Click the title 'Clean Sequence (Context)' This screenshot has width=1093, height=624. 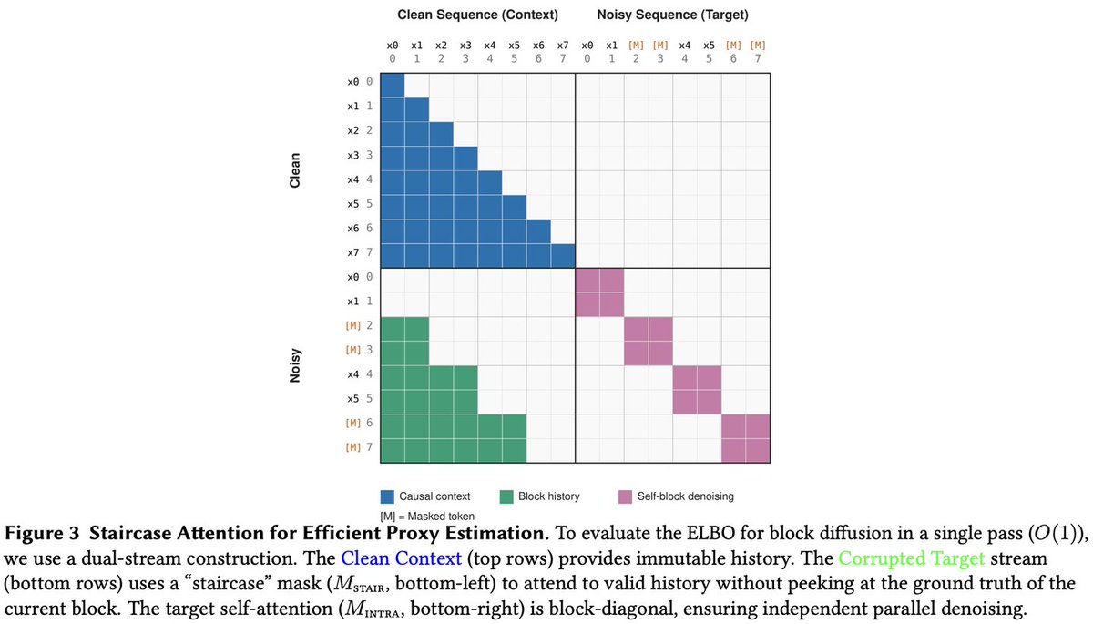[x=478, y=15]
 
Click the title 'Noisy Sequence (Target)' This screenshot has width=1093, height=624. [x=673, y=15]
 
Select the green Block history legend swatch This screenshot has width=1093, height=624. [x=508, y=496]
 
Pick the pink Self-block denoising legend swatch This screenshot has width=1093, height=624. [x=626, y=496]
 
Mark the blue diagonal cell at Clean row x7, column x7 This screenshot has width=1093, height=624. [x=563, y=254]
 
